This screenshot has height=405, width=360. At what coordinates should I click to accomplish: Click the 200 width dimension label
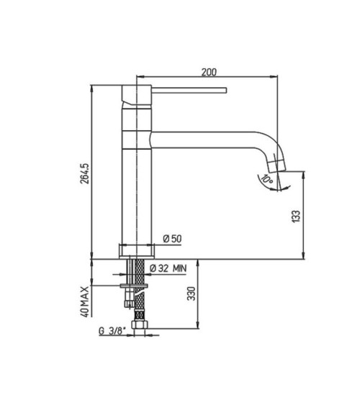tap(209, 72)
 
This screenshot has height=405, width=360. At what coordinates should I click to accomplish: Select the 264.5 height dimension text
tap(85, 173)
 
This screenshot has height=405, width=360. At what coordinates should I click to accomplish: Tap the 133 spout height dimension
tap(296, 217)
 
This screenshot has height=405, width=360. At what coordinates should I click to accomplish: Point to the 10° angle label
tap(266, 178)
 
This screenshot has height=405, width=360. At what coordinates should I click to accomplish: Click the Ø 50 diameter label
tap(172, 238)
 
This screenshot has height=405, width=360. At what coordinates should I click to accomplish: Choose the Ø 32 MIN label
tap(168, 268)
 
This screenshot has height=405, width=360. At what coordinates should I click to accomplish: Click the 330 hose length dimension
tap(192, 293)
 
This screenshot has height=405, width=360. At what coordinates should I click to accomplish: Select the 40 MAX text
tap(85, 301)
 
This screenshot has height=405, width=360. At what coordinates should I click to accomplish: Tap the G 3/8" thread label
tap(112, 331)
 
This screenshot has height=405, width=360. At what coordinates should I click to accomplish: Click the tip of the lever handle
tap(226, 90)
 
